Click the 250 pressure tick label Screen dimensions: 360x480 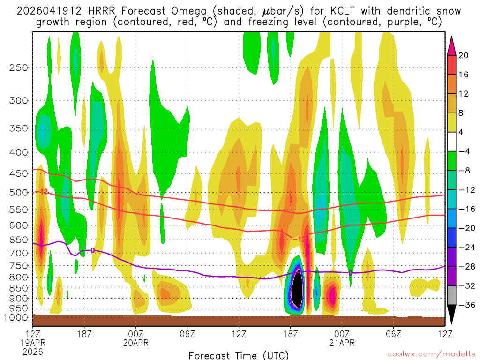click(x=18, y=67)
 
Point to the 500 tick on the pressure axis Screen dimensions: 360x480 click(x=18, y=192)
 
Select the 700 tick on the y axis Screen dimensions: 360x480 click(x=18, y=253)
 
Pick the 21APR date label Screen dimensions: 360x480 click(x=342, y=342)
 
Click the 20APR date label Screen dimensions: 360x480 click(x=135, y=342)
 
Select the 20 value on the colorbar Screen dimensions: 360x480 click(x=464, y=55)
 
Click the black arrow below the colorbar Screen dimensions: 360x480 click(x=452, y=317)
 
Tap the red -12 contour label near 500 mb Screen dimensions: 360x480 click(x=43, y=191)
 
